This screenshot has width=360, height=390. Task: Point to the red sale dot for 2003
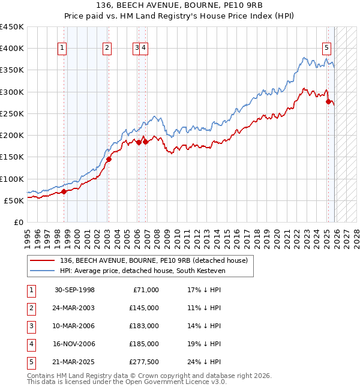(x=109, y=159)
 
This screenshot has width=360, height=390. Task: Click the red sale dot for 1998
(x=64, y=191)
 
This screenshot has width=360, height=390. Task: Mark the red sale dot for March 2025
(x=328, y=102)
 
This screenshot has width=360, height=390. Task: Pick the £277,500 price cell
(x=144, y=362)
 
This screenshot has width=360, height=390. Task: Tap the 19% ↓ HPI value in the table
(x=204, y=344)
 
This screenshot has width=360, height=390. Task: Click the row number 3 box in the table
(x=31, y=326)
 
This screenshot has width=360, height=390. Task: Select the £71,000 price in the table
(x=146, y=290)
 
